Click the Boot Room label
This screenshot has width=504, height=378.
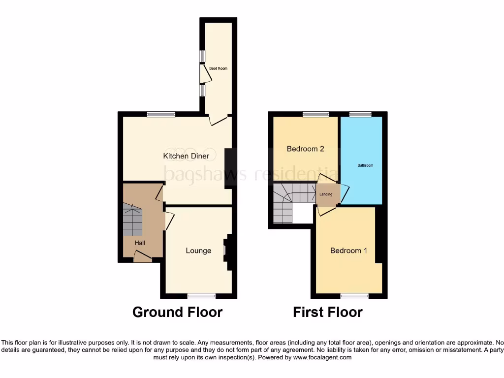click(x=218, y=68)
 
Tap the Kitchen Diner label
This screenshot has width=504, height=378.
click(x=186, y=156)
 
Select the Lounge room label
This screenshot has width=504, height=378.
click(x=198, y=251)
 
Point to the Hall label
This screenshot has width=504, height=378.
click(x=140, y=243)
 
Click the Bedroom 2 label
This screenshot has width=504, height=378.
click(x=305, y=149)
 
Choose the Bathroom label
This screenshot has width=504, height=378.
click(x=365, y=165)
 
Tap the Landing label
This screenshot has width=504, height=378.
click(x=326, y=194)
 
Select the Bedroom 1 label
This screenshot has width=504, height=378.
click(x=348, y=251)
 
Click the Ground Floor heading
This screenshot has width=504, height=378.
click(x=177, y=312)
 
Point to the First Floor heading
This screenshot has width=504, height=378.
click(x=328, y=312)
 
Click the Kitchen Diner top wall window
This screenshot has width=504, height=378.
click(x=160, y=114)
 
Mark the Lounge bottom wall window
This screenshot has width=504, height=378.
click(x=201, y=296)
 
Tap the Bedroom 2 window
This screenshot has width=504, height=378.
click(x=315, y=114)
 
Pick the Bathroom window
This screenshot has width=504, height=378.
click(x=361, y=114)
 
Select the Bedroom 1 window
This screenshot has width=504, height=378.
click(x=354, y=296)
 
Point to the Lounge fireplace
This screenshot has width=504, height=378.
click(x=226, y=251)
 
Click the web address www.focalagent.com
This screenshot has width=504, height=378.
click(x=322, y=358)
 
